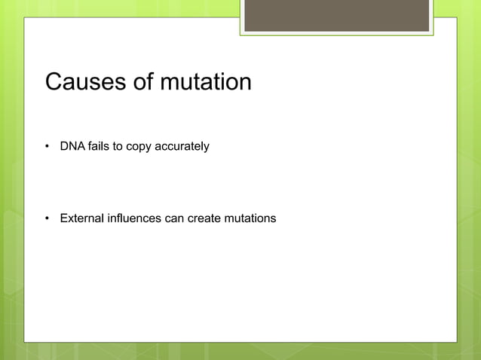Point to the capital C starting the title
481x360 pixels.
[x=54, y=81]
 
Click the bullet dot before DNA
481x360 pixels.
[x=47, y=146]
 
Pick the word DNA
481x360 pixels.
[x=72, y=146]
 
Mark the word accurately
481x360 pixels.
[x=182, y=146]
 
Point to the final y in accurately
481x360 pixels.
[x=206, y=148]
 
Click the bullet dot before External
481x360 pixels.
[x=47, y=219]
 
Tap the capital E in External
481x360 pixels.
[x=64, y=218]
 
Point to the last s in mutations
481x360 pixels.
[x=274, y=219]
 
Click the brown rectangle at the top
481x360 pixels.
[x=336, y=15]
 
